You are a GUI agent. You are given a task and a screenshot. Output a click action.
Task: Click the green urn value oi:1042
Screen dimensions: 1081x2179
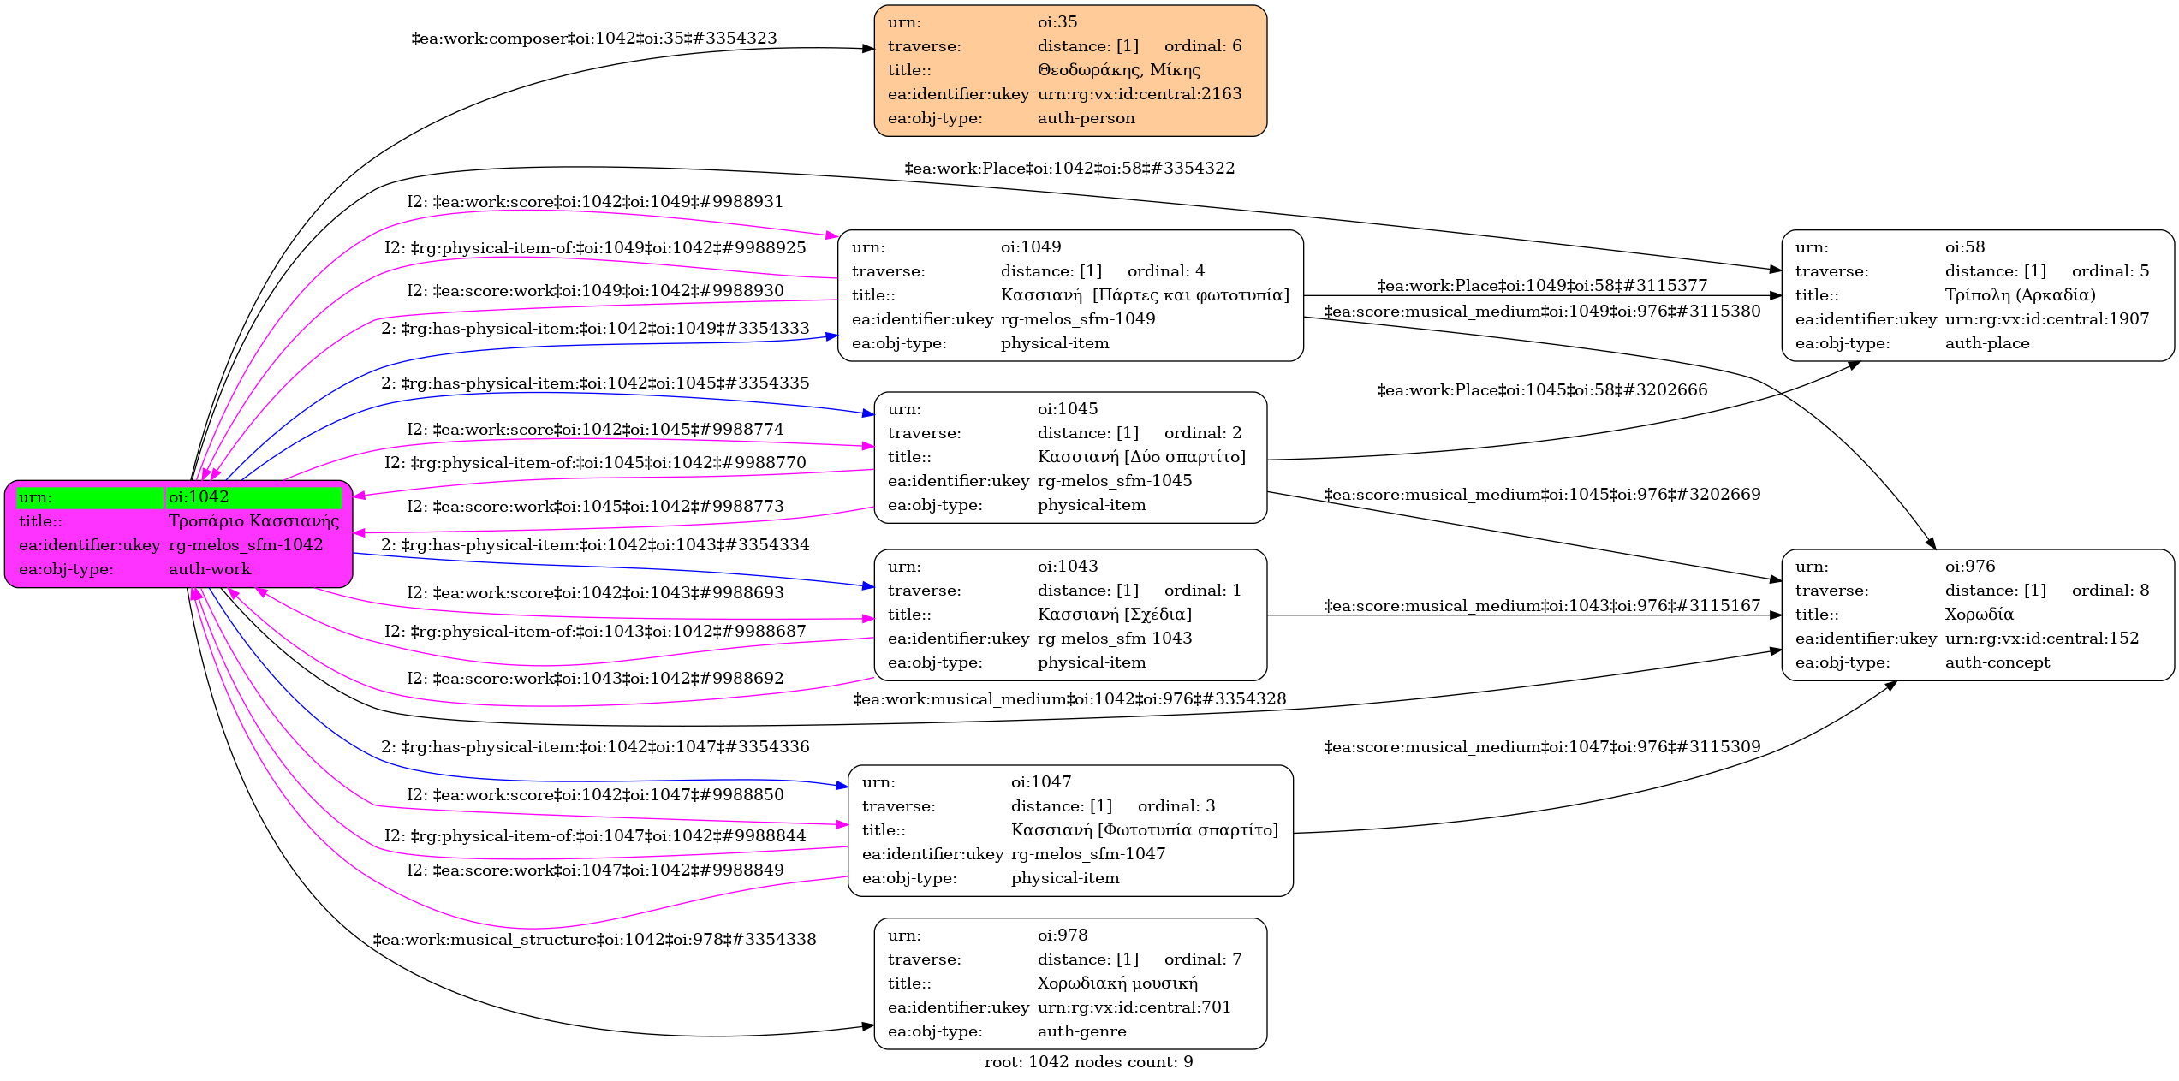click(199, 497)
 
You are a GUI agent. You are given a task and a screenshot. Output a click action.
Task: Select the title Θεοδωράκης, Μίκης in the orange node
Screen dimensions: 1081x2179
click(1118, 70)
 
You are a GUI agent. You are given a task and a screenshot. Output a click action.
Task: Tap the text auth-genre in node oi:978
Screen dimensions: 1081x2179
click(1081, 1031)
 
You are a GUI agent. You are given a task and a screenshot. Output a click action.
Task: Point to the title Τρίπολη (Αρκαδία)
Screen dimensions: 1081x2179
click(2020, 295)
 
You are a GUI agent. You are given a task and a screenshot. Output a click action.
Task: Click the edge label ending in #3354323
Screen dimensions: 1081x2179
click(594, 39)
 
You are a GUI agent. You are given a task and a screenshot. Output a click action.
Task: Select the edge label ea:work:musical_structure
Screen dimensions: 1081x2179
click(594, 940)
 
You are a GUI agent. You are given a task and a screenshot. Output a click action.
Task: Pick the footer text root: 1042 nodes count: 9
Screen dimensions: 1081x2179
click(1088, 1062)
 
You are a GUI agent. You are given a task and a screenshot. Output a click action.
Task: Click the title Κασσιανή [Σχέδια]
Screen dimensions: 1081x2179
click(1114, 615)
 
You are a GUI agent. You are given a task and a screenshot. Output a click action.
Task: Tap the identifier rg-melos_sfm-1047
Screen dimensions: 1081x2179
click(1087, 854)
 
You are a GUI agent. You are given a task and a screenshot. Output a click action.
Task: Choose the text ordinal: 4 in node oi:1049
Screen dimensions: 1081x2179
click(1165, 271)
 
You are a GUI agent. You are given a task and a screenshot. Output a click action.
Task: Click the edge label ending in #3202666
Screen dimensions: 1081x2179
click(1541, 390)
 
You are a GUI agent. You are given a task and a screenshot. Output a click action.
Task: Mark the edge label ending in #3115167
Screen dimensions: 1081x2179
click(1541, 606)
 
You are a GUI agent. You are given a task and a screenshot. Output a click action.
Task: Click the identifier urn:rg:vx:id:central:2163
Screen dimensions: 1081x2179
click(1139, 94)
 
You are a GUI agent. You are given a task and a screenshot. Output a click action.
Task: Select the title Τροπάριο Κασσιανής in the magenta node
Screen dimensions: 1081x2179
click(253, 521)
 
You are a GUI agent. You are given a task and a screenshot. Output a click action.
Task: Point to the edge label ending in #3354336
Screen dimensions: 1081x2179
click(595, 747)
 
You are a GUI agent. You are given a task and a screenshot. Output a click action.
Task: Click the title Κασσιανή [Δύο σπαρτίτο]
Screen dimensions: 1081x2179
click(1141, 457)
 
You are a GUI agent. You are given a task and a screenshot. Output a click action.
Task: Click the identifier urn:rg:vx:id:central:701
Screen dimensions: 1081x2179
click(1134, 1007)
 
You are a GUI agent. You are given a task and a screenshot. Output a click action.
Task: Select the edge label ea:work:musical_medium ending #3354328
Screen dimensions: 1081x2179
click(1069, 699)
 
